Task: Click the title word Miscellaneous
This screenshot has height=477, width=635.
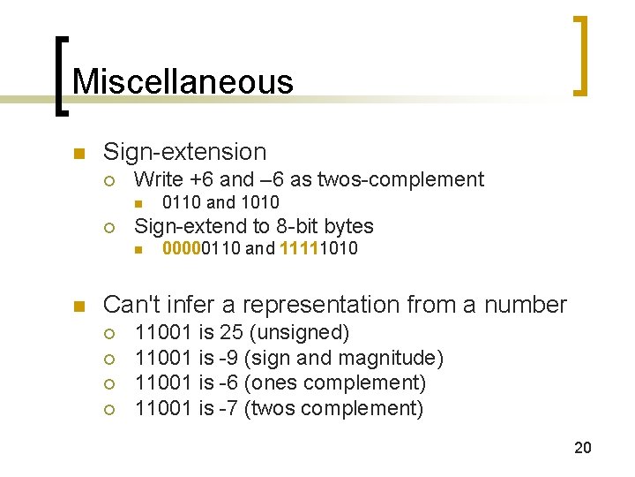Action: [183, 81]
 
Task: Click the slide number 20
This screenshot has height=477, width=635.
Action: [583, 448]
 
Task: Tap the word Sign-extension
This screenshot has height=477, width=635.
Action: [184, 152]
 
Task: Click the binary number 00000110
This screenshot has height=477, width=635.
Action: [202, 248]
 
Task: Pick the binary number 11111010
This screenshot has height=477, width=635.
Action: [318, 248]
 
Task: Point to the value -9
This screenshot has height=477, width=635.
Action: [231, 358]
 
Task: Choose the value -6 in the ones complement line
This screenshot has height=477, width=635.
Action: [231, 383]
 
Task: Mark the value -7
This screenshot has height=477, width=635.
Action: [231, 408]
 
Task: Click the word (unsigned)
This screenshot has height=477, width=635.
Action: [300, 333]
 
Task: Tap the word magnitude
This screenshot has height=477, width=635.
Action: [392, 358]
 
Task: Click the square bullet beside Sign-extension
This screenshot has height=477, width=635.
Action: [78, 153]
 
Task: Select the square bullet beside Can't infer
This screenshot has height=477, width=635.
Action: [78, 307]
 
